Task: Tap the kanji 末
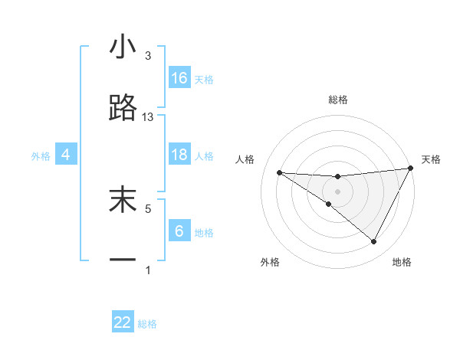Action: (x=123, y=199)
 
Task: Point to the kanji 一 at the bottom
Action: (x=123, y=260)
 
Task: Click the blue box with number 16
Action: (x=179, y=78)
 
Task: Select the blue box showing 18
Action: (x=179, y=155)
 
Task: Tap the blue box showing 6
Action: (x=179, y=231)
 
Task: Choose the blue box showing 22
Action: (x=123, y=322)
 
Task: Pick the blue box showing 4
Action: (x=66, y=155)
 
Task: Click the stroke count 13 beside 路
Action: (x=148, y=117)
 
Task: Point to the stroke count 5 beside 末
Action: (x=148, y=208)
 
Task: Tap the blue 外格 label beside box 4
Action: (x=41, y=156)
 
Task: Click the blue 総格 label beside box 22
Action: (x=147, y=324)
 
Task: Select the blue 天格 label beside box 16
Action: (x=203, y=80)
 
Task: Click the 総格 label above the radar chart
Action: (x=338, y=100)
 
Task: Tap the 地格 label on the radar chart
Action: (x=402, y=262)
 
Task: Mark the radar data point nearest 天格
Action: (x=412, y=169)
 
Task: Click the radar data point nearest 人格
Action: (x=279, y=172)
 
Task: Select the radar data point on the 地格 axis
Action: (x=374, y=242)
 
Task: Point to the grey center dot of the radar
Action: (x=338, y=191)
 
